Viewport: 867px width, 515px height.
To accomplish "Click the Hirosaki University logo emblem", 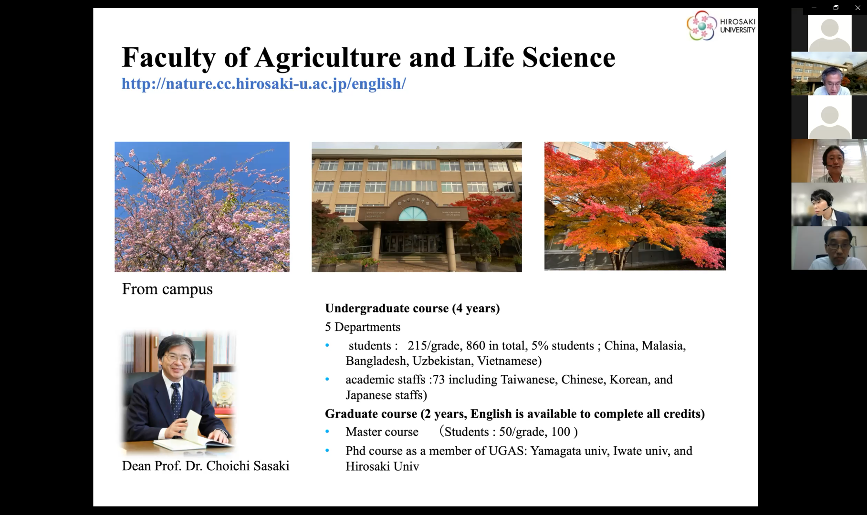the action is pyautogui.click(x=702, y=25).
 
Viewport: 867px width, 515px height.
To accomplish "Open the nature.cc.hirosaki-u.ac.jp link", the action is pyautogui.click(x=263, y=83).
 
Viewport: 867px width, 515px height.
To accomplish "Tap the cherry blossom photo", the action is pyautogui.click(x=202, y=207).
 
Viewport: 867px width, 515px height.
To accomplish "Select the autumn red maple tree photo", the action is pyautogui.click(x=635, y=206).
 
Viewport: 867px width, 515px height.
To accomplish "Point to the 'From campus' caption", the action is pyautogui.click(x=167, y=289).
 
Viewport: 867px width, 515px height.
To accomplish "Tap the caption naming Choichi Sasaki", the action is pyautogui.click(x=206, y=466).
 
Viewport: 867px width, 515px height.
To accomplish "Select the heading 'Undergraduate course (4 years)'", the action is pyautogui.click(x=412, y=309).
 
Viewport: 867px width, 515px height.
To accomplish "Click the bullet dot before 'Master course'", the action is pyautogui.click(x=327, y=432).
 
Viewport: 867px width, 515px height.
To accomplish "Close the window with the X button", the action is pyautogui.click(x=857, y=8).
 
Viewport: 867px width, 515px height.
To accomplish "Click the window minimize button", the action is pyautogui.click(x=814, y=8).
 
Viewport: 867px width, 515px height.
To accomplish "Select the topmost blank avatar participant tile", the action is pyautogui.click(x=829, y=33).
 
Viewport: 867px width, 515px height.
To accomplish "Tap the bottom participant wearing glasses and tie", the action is pyautogui.click(x=829, y=248).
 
